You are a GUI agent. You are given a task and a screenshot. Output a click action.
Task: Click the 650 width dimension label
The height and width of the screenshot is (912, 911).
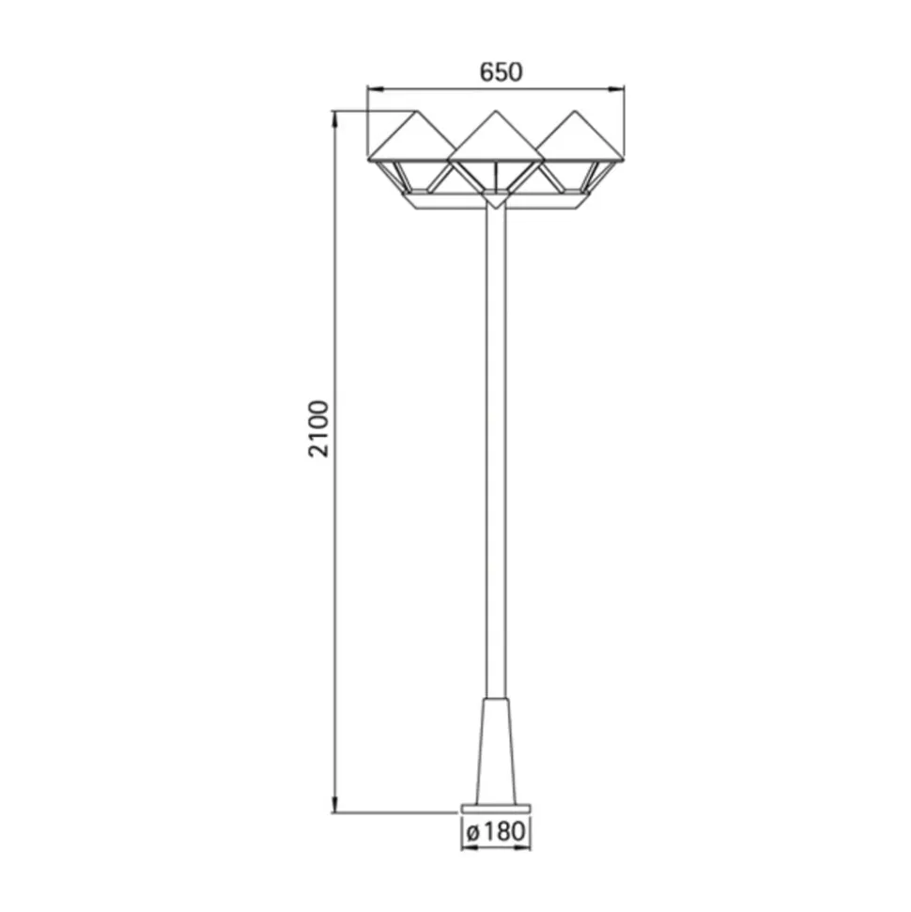point(501,72)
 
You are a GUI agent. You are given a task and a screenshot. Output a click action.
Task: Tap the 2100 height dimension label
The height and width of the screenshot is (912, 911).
point(318,428)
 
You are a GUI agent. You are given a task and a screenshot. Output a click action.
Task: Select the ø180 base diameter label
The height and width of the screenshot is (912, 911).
point(496,831)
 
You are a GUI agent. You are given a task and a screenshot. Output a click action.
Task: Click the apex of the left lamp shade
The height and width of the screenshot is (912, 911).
point(416,111)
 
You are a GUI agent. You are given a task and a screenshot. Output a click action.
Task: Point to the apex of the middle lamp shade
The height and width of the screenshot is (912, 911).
point(496,111)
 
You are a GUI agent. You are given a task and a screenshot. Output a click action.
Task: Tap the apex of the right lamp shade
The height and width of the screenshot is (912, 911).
point(575,111)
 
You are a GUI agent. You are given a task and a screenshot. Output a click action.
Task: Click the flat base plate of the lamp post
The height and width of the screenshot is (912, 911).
point(496,809)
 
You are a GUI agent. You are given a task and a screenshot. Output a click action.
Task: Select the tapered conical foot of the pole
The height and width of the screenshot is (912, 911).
point(496,750)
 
